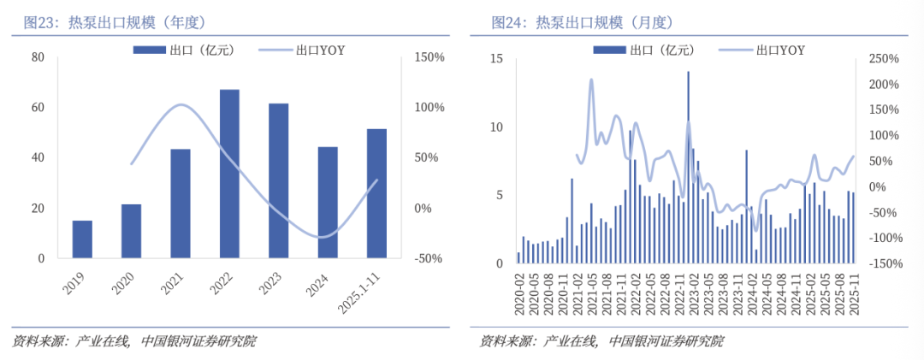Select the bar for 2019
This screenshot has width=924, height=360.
coord(82,239)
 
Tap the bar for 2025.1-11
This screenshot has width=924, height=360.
coord(376,193)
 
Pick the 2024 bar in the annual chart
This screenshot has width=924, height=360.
coord(328,202)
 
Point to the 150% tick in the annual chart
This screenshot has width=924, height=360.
coord(429,57)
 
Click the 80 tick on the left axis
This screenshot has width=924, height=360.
coord(38,57)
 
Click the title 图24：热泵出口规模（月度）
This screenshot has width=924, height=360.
coord(583,23)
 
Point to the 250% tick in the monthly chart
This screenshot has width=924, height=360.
coord(880,59)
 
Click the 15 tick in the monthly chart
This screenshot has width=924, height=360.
coord(497,59)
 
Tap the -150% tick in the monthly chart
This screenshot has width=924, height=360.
coord(880,263)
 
